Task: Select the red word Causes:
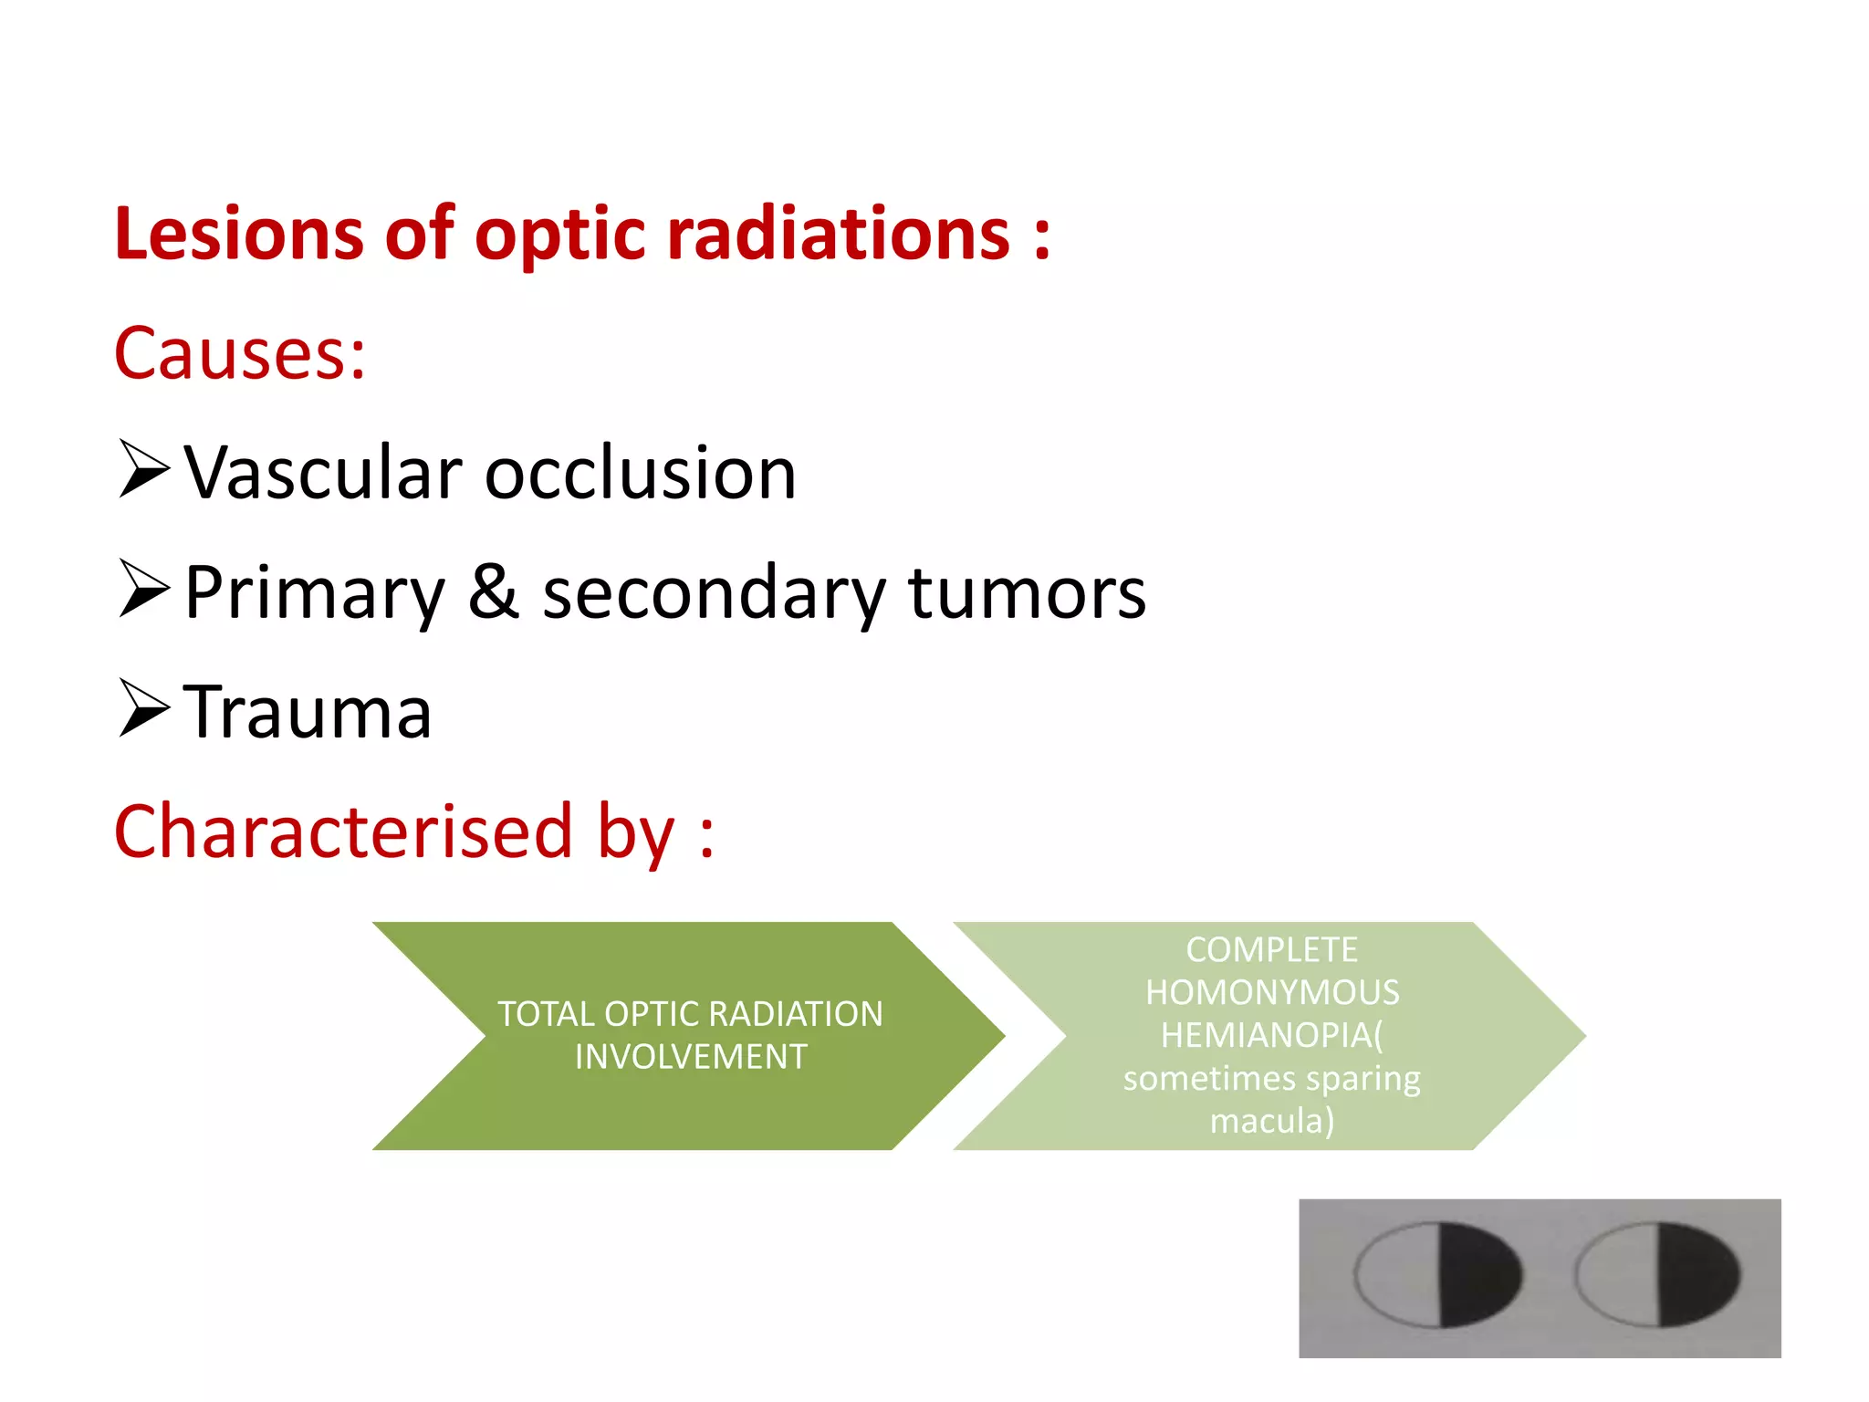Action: (x=240, y=353)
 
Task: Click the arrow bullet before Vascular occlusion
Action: (x=144, y=469)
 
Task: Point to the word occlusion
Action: (x=641, y=474)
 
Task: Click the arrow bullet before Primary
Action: (x=144, y=589)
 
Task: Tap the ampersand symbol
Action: (x=494, y=591)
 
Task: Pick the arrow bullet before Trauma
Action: (x=144, y=708)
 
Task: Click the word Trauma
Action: (x=308, y=712)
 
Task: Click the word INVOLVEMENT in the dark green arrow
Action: (x=691, y=1057)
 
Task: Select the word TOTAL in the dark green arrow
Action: (x=545, y=1014)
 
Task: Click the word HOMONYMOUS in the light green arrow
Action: (x=1272, y=992)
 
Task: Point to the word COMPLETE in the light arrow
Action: (x=1271, y=950)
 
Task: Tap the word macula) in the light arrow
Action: (x=1272, y=1120)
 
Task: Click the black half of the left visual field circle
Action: (x=1478, y=1274)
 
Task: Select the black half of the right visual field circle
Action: (x=1697, y=1274)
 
